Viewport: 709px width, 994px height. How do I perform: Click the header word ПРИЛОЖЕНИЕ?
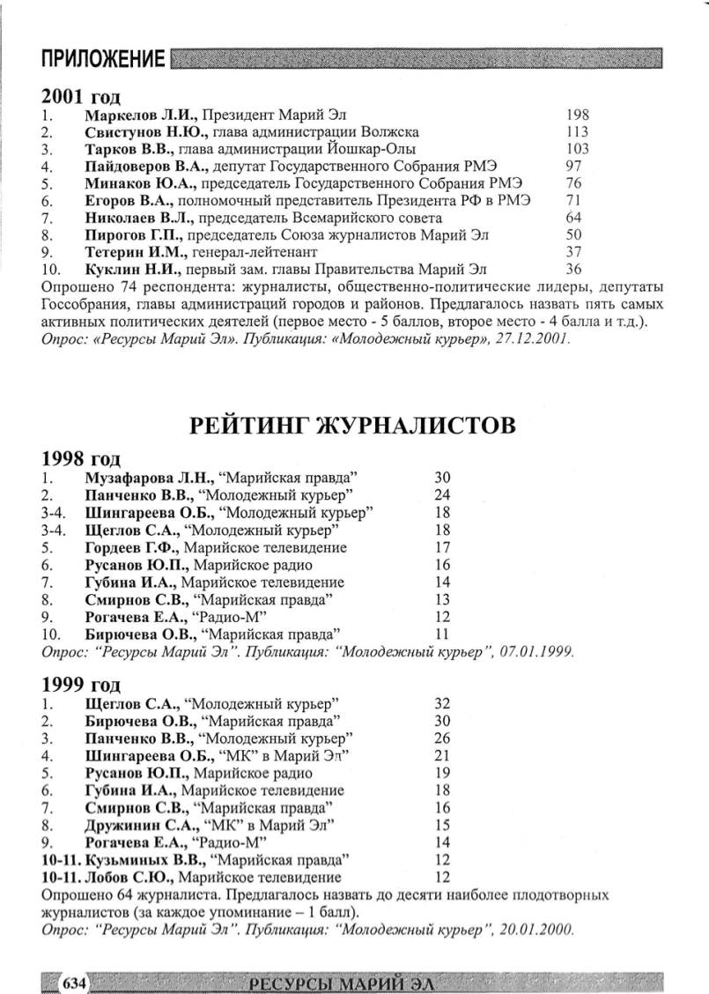click(x=103, y=60)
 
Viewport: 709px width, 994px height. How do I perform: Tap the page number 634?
click(x=72, y=983)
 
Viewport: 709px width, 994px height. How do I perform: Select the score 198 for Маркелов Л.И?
click(x=578, y=115)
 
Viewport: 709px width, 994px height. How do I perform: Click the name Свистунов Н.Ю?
click(x=142, y=131)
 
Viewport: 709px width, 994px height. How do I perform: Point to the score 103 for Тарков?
click(x=578, y=149)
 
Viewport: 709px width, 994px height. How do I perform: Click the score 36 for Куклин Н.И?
click(x=574, y=269)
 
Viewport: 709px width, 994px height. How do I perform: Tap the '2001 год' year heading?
click(x=80, y=96)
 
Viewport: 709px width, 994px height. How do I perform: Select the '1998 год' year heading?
click(x=80, y=459)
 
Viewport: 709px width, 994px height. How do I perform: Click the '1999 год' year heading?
click(x=80, y=684)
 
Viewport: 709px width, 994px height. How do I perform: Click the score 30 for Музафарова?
click(x=442, y=478)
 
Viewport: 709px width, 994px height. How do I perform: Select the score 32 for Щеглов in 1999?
click(x=442, y=703)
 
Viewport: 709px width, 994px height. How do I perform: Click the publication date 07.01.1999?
click(x=538, y=652)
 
